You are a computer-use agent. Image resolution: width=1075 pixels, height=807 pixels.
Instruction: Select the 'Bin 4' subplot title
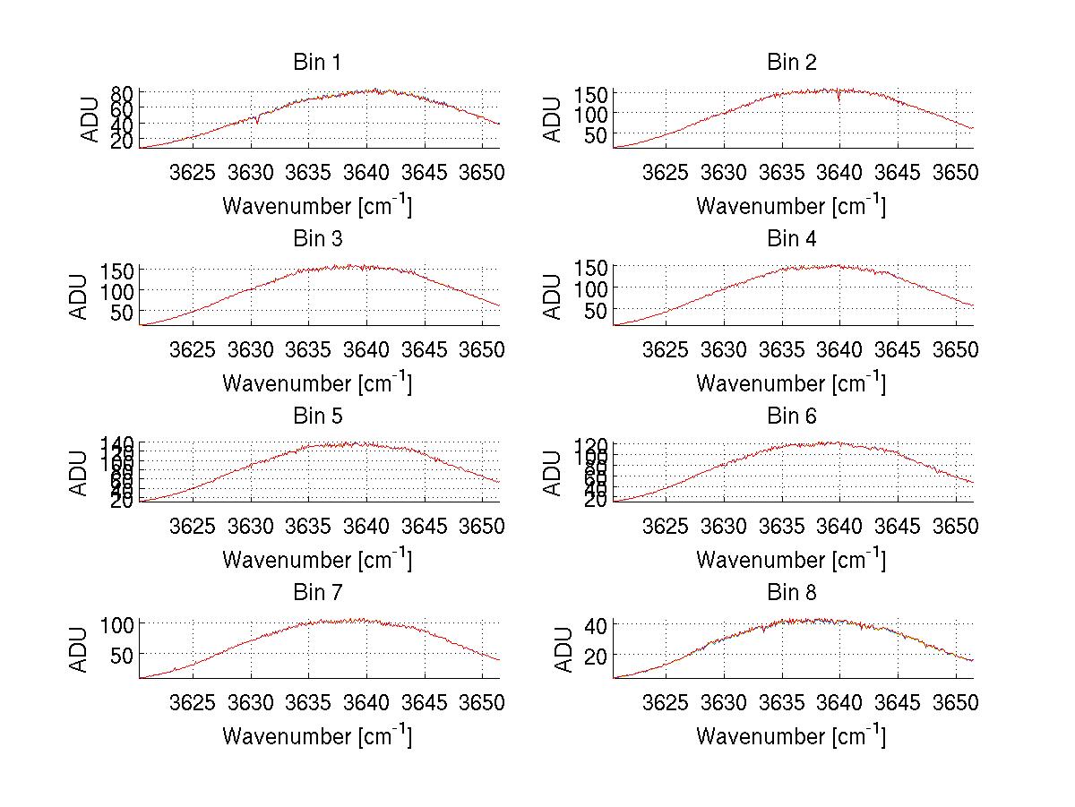coord(791,239)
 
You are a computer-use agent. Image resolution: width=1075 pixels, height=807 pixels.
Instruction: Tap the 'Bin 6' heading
coord(791,416)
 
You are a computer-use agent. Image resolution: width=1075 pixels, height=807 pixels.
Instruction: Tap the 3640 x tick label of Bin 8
coord(839,701)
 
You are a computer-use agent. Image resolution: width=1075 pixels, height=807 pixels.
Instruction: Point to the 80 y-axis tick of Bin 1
coord(123,92)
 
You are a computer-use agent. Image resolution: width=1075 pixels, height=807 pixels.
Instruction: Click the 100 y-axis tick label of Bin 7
coord(117,623)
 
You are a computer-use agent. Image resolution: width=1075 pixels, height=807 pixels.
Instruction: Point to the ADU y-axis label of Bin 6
coord(555,473)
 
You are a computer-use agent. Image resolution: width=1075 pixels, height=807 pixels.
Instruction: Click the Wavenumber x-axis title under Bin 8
coord(791,736)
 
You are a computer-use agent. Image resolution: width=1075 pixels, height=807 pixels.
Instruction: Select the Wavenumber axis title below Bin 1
coord(316,206)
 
